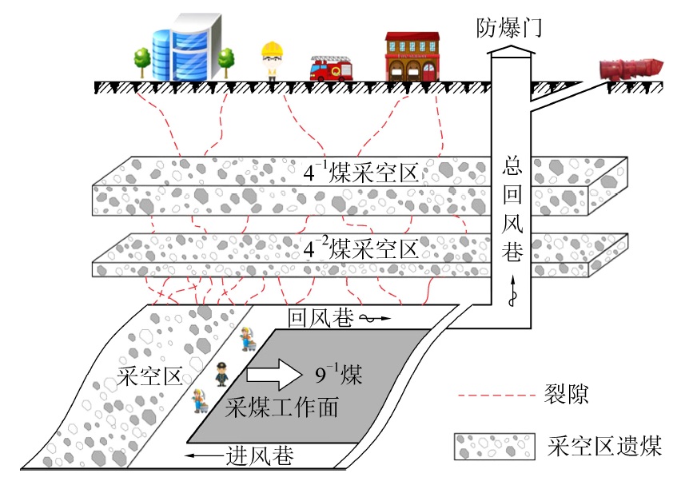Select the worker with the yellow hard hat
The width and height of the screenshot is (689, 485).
click(273, 60)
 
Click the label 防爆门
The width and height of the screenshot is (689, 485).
click(510, 30)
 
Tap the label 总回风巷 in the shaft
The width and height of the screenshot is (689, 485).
click(512, 212)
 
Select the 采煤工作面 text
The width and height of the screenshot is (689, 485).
click(282, 407)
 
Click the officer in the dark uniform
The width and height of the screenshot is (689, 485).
click(222, 372)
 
